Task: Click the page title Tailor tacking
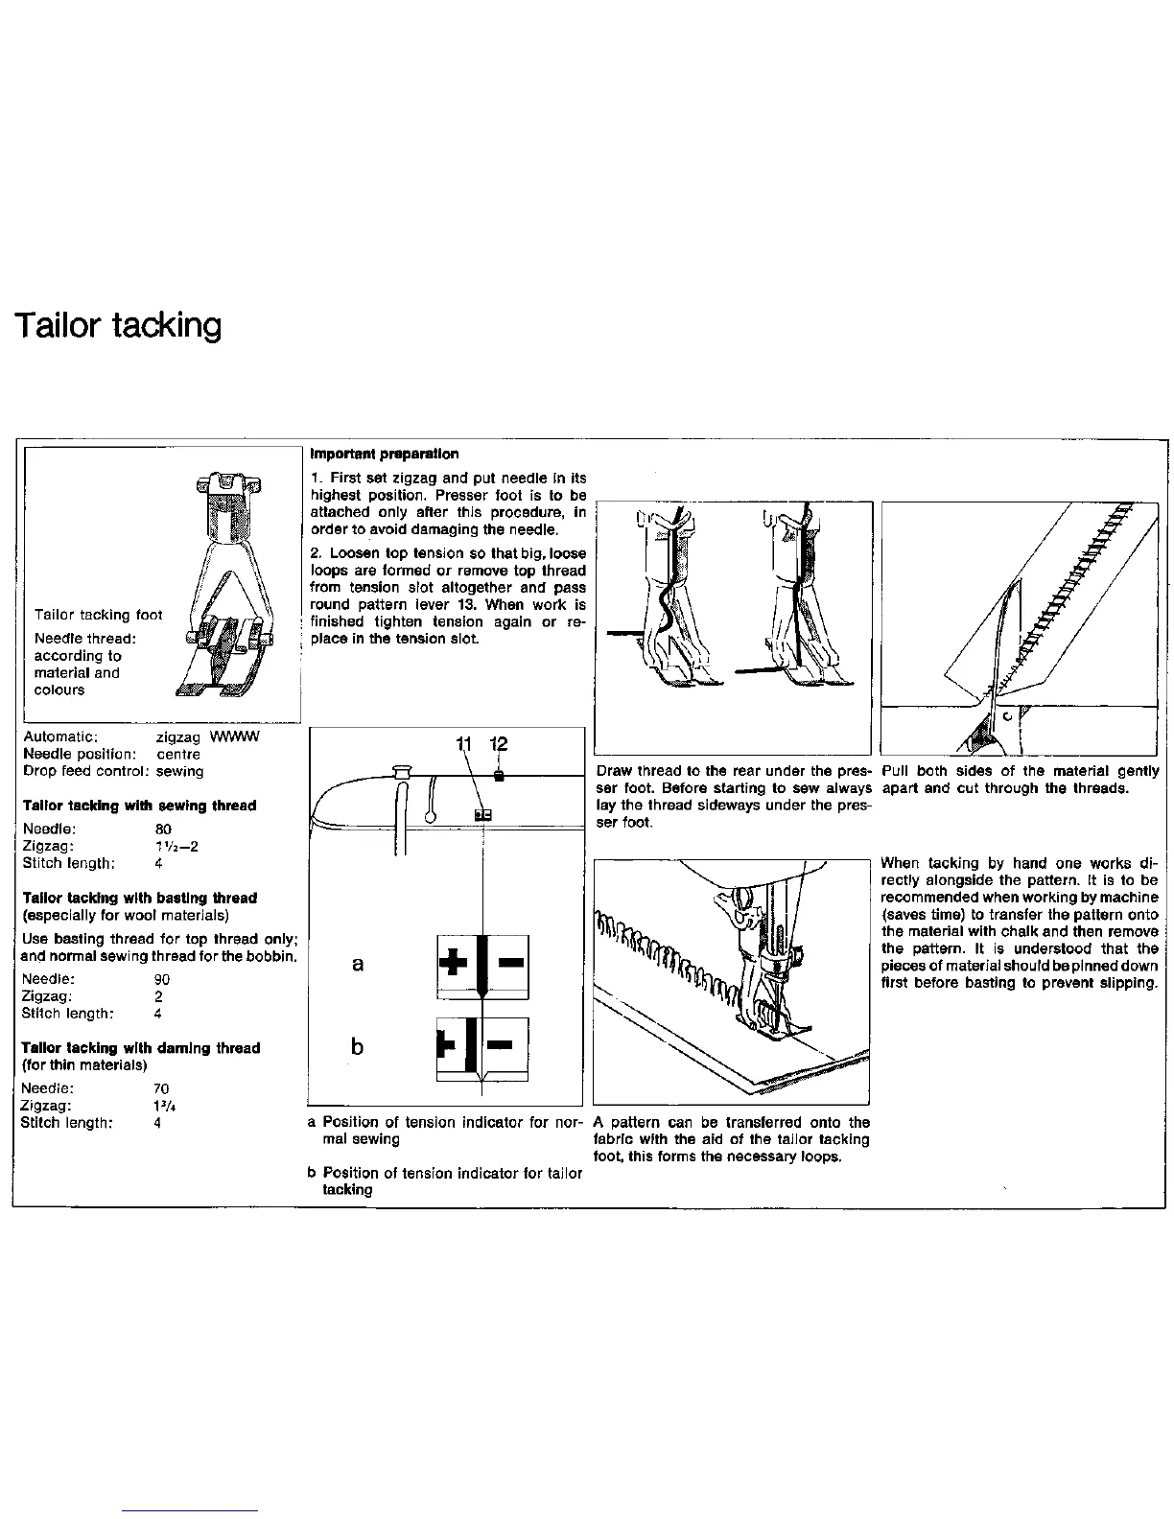coord(118,326)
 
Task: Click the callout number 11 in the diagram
coord(465,745)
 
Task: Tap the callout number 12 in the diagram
coord(498,745)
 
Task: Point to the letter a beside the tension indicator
coord(358,964)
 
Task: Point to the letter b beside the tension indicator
coord(358,1045)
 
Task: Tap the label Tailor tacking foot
coord(98,615)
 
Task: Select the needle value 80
coord(162,829)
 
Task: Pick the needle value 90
coord(162,979)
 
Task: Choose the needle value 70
coord(161,1088)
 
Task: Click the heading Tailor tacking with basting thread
coord(140,899)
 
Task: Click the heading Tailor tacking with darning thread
coord(141,1048)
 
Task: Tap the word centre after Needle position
coord(178,754)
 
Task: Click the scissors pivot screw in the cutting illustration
coord(1006,715)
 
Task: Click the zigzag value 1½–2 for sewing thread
coord(176,846)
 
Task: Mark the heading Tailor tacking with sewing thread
coord(140,806)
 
